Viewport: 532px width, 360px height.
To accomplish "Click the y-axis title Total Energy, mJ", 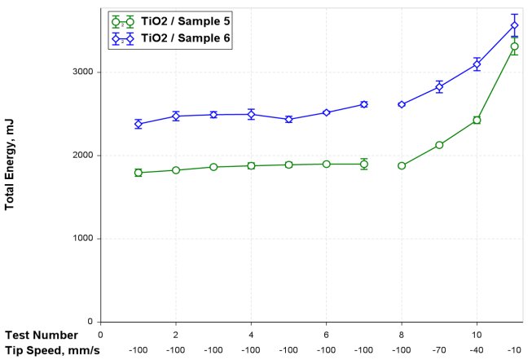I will [11, 170].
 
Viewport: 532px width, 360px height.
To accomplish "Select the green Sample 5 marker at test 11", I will [514, 46].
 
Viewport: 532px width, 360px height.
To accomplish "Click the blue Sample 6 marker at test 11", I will [514, 25].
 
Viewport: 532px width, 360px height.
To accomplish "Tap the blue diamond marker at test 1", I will [138, 124].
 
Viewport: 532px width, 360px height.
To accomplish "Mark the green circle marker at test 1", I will [138, 173].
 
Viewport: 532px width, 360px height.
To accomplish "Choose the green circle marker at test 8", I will [402, 165].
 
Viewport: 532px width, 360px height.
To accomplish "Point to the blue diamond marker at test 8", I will [402, 104].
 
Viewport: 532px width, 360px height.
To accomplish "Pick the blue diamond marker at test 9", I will [439, 87].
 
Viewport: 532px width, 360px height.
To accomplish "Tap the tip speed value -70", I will [439, 349].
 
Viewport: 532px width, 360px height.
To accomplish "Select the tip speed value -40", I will [477, 349].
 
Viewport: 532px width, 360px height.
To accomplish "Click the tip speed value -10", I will [514, 349].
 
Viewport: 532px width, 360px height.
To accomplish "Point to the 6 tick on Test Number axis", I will [326, 334].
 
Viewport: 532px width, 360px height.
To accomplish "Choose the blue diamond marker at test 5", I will [288, 119].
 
